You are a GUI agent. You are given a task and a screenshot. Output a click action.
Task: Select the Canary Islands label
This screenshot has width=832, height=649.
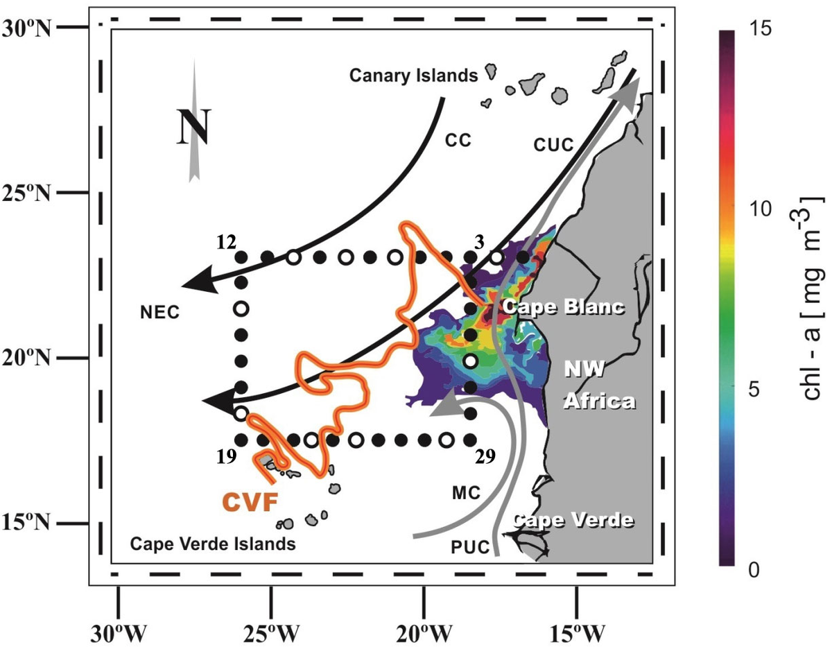[414, 75]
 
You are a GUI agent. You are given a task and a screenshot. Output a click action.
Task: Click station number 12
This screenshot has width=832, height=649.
[227, 241]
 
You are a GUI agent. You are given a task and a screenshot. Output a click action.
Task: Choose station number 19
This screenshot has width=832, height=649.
[227, 456]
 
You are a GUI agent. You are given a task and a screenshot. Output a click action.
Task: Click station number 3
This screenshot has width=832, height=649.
[478, 241]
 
